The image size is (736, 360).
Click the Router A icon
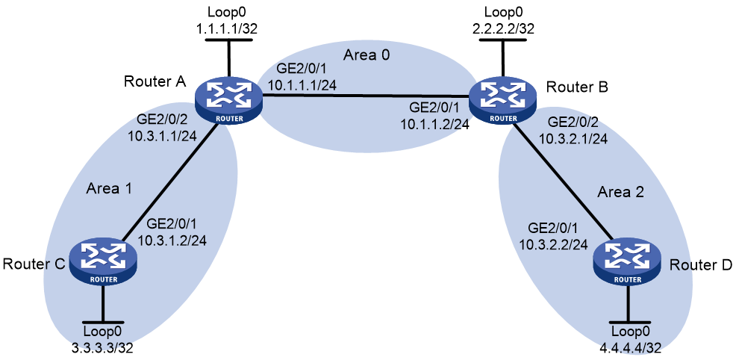(228, 102)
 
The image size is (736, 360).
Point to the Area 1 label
(108, 189)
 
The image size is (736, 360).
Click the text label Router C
(33, 264)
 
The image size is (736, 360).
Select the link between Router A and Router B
(366, 96)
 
